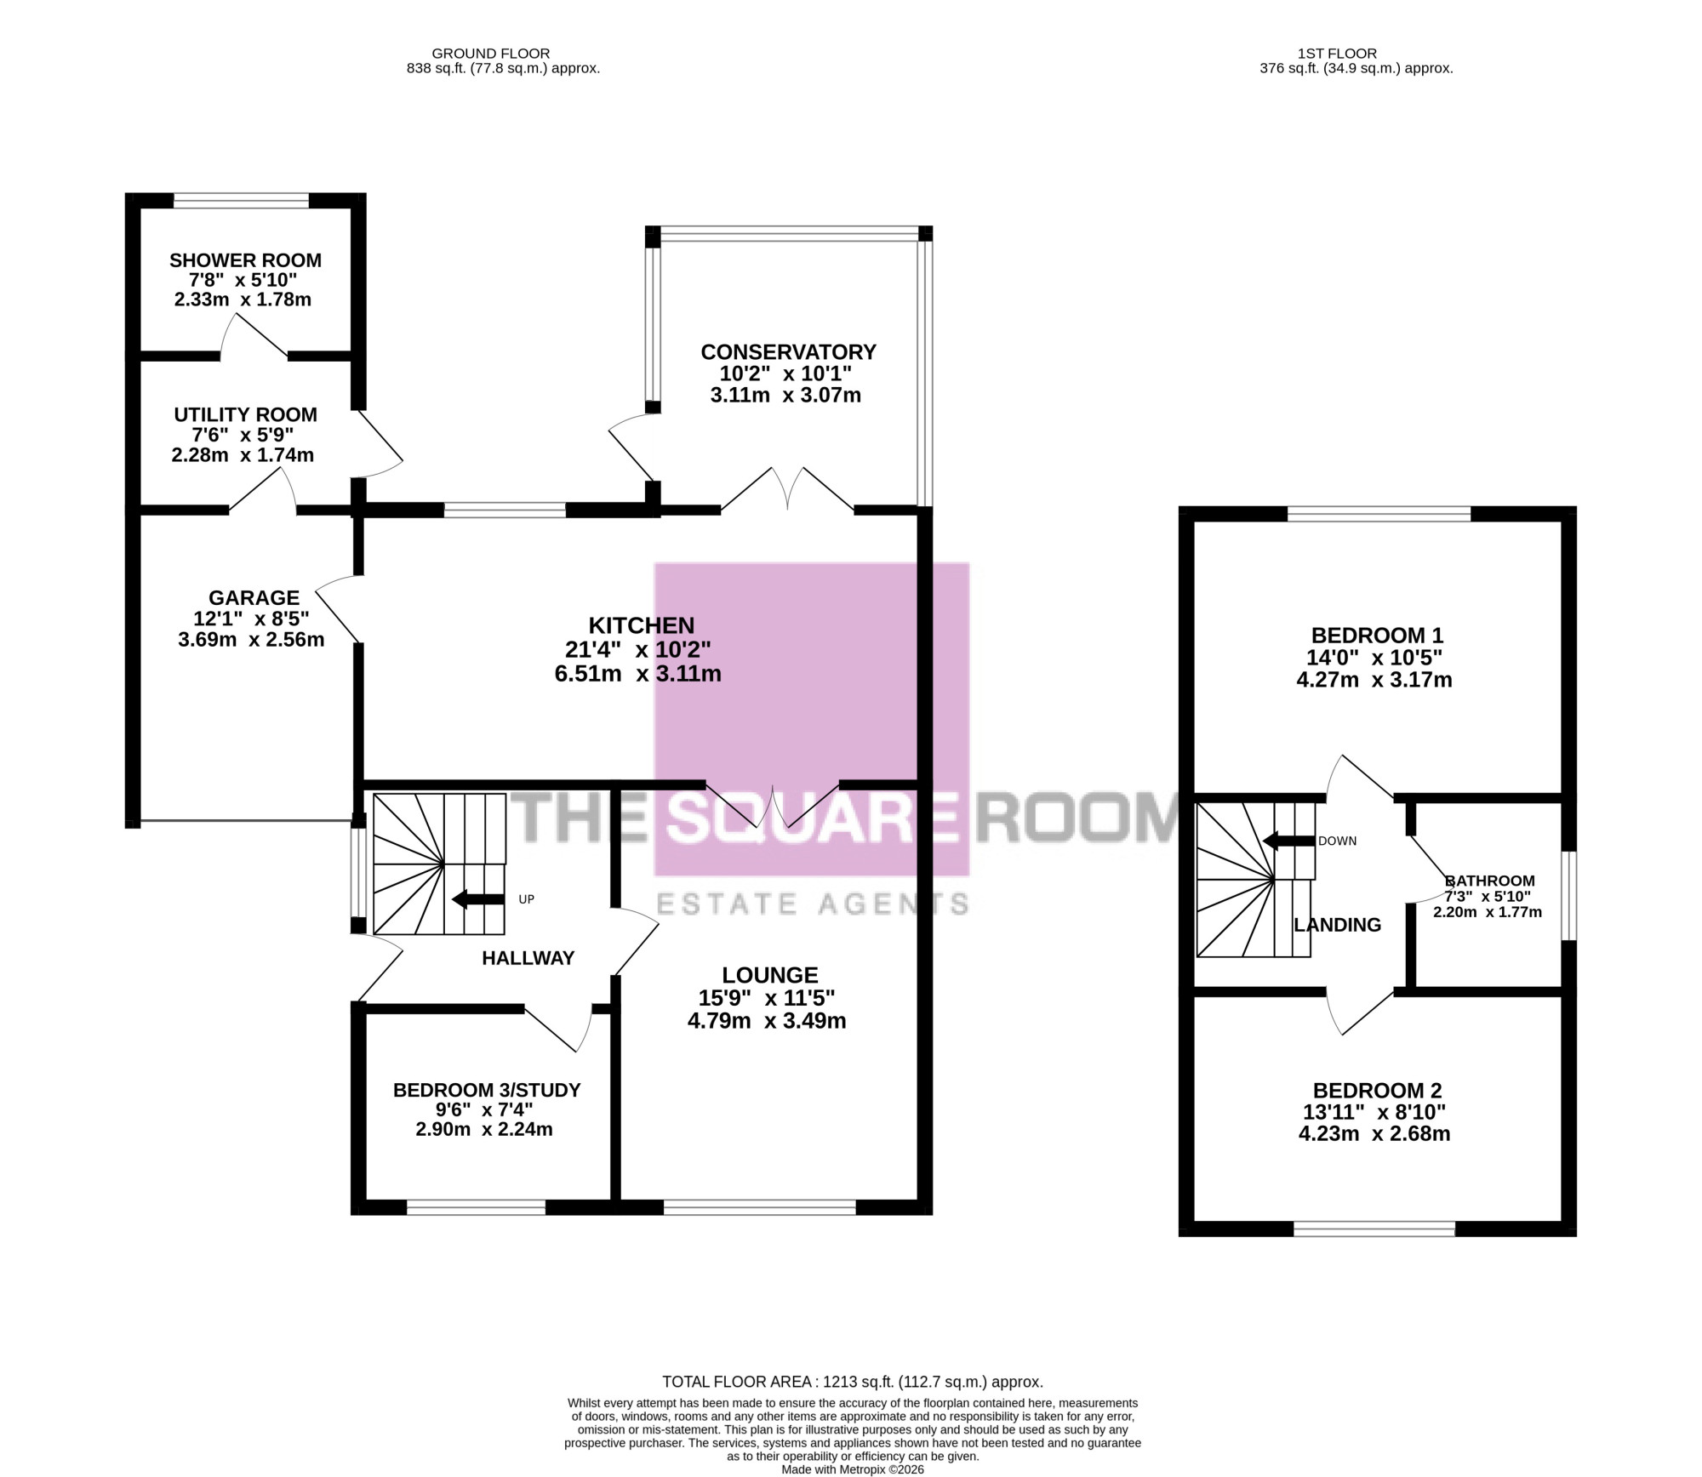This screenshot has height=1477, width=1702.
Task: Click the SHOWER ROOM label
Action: pos(245,260)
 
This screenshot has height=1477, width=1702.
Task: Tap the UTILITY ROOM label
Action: pos(245,414)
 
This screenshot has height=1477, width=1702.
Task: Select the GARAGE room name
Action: pos(254,598)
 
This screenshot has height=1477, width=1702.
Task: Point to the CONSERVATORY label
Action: pos(788,351)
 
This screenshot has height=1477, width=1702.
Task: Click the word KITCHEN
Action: pos(642,625)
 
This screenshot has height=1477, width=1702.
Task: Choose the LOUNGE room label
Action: pos(770,975)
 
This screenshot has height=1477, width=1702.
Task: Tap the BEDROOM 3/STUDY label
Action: pos(487,1090)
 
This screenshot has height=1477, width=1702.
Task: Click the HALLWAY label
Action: pos(528,958)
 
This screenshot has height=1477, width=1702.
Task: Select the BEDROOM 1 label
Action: pos(1377,636)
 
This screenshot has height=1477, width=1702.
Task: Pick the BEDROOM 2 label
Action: pos(1377,1091)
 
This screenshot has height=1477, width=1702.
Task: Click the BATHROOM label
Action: pos(1490,881)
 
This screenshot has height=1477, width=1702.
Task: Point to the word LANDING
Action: pos(1337,925)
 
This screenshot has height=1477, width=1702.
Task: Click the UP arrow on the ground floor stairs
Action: pos(478,899)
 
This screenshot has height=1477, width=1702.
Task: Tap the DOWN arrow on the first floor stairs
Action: pos(1288,841)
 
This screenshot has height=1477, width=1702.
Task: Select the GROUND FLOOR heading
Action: pos(491,54)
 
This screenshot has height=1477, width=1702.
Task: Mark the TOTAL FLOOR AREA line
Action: pos(853,1383)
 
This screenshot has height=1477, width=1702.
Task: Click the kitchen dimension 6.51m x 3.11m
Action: pos(637,674)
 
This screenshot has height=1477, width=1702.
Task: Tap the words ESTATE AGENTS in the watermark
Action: pos(813,904)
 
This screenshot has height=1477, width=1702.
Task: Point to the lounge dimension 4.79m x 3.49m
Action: pos(767,1021)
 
